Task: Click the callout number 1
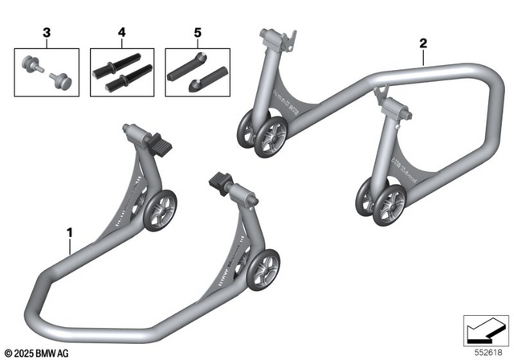tap(70, 233)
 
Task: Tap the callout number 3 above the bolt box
tap(47, 35)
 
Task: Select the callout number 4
tap(121, 35)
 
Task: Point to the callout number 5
tap(195, 35)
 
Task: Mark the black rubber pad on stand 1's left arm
tap(161, 147)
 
